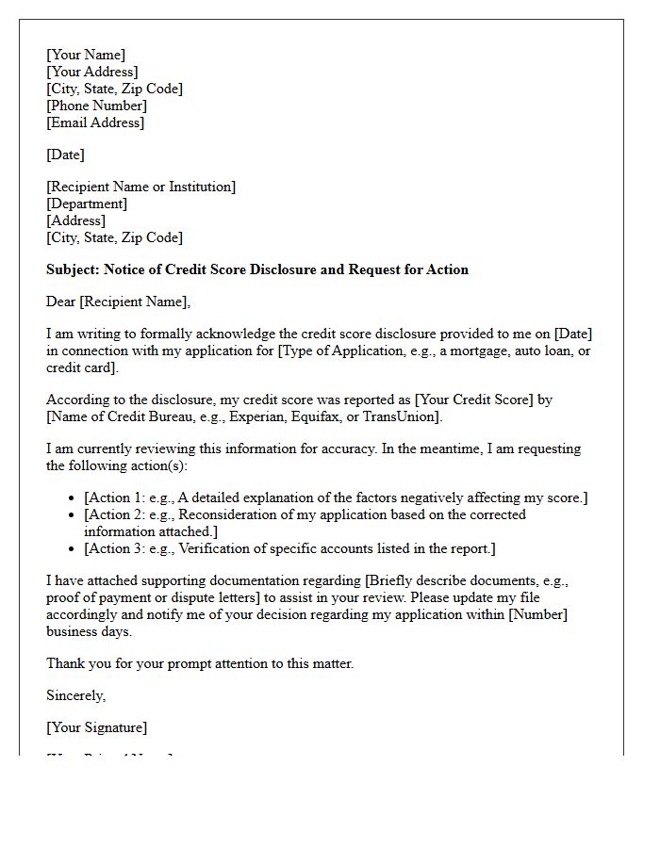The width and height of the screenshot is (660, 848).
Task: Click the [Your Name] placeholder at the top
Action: click(x=86, y=55)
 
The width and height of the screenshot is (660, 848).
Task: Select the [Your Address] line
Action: click(x=91, y=72)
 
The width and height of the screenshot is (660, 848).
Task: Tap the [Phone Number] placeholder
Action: click(x=96, y=106)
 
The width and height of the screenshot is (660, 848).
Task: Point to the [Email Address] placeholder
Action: click(x=95, y=122)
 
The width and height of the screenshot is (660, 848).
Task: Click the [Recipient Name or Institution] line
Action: click(x=140, y=187)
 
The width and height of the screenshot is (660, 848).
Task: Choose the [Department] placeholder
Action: click(x=86, y=204)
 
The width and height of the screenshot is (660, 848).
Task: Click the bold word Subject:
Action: click(x=73, y=269)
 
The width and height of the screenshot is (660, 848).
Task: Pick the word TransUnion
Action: click(x=407, y=416)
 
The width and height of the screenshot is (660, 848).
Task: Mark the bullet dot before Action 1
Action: click(x=73, y=498)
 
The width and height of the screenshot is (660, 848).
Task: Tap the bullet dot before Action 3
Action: click(x=73, y=549)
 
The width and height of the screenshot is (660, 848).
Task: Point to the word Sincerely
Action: click(x=75, y=695)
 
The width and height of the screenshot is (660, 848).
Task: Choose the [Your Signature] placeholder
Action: click(x=96, y=727)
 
